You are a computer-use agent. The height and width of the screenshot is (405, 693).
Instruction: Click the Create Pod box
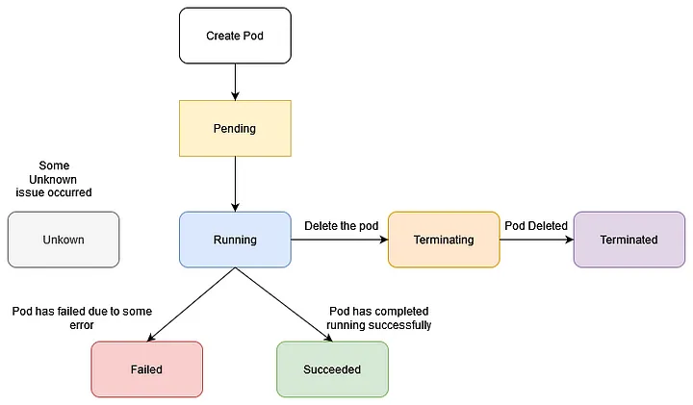235,37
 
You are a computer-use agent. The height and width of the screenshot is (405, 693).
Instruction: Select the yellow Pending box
235,128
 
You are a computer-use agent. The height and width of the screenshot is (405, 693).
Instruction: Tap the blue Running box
235,240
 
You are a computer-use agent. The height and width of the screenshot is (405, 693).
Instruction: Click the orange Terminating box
444,240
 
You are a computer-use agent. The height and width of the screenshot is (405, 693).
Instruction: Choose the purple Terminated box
629,240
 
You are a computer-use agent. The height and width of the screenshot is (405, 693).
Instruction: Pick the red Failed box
146,369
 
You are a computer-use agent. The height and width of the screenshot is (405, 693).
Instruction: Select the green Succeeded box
332,369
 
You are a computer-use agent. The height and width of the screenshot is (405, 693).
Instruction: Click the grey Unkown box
64,240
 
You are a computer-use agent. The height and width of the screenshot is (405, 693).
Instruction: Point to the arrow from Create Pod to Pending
235,82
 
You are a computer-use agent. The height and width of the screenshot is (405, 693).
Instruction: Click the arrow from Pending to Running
235,183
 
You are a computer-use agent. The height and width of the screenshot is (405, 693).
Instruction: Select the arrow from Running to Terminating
339,240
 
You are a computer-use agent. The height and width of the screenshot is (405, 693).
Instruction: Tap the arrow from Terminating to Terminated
536,240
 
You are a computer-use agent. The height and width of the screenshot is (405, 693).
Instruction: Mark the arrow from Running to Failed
191,305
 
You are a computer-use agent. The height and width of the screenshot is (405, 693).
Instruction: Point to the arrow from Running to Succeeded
280,305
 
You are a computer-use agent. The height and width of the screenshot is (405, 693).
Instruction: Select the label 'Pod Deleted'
536,226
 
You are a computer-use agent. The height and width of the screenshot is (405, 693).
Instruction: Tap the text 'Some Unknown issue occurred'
54,179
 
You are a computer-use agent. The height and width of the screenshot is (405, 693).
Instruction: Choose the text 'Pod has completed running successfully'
378,318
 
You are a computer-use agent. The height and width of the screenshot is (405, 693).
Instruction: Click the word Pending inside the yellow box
235,128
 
